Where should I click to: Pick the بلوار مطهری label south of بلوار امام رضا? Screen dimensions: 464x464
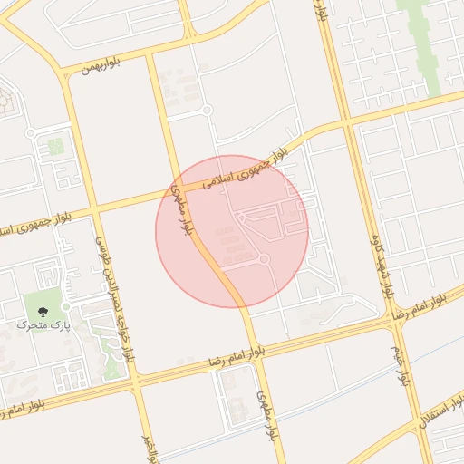pyautogui.click(x=265, y=415)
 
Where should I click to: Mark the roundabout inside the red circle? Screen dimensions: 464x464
pyautogui.click(x=264, y=260)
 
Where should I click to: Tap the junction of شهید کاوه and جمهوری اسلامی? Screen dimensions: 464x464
pyautogui.click(x=346, y=123)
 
